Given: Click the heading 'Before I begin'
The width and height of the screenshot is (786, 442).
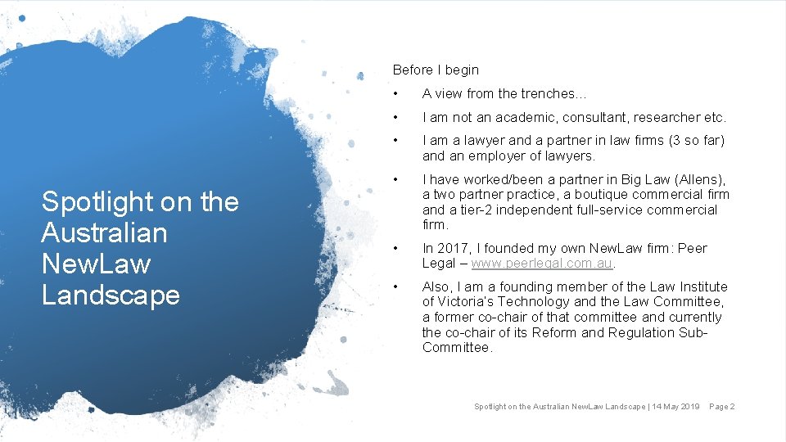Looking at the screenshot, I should coord(436,70).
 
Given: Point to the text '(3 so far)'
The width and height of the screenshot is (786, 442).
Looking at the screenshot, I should coord(696,141).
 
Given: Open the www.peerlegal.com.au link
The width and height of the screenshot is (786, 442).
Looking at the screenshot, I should coord(541,264).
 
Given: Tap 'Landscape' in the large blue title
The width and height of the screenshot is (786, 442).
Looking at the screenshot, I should coord(111,295).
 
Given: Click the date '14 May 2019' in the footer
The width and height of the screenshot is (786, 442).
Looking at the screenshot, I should coord(675,407).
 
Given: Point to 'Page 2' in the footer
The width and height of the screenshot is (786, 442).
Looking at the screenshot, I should coord(722,407).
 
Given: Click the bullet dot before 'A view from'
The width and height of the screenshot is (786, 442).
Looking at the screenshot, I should coord(395,94).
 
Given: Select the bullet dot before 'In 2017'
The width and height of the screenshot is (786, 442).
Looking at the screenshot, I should coord(395,248).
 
